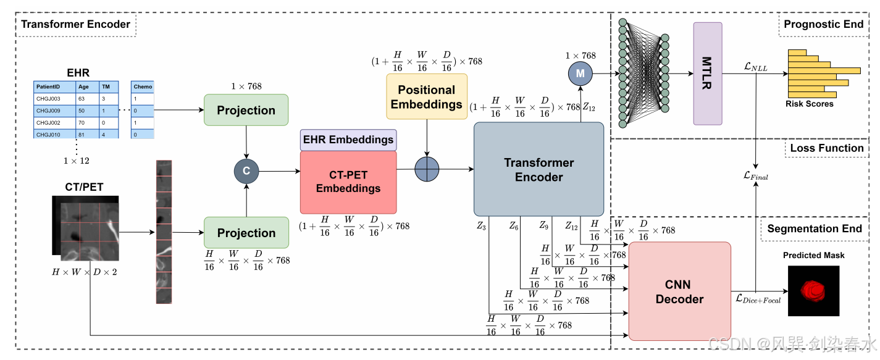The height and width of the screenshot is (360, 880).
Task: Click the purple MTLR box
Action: tap(708, 73)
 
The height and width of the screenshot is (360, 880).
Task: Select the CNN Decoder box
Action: tap(680, 291)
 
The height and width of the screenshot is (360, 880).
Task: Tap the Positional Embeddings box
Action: tap(427, 97)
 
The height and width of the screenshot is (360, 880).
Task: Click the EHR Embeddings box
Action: tap(348, 140)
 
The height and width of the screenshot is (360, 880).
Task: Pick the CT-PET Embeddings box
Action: tap(348, 182)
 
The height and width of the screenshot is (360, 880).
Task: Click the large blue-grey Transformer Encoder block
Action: tap(538, 169)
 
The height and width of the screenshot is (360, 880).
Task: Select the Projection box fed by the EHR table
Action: tap(246, 110)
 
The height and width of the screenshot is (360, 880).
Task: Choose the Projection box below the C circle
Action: tap(246, 233)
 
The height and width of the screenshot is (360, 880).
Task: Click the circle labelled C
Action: tap(246, 171)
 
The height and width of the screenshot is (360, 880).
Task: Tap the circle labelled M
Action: tap(580, 73)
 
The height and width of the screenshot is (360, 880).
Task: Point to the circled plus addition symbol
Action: tap(427, 169)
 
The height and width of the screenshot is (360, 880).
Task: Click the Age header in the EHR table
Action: tap(83, 87)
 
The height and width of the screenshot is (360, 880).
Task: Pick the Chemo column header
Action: tap(143, 87)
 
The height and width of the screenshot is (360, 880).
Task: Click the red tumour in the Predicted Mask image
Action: tap(813, 291)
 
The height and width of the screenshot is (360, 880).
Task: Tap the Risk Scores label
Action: tap(809, 104)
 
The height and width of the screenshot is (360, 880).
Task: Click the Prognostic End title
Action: tap(823, 24)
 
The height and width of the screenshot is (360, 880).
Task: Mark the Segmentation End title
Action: tap(815, 228)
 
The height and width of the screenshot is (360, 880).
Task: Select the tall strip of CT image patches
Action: tap(164, 232)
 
